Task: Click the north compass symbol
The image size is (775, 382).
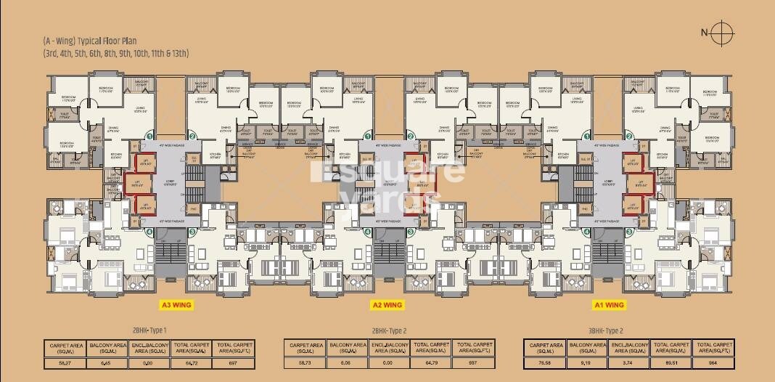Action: click(721, 32)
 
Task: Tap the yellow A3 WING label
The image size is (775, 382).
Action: click(176, 305)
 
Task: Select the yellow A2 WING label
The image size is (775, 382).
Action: click(387, 305)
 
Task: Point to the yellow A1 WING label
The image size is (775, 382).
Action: click(608, 305)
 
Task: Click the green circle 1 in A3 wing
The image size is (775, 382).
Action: click(149, 136)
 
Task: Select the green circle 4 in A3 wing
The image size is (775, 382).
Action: click(149, 232)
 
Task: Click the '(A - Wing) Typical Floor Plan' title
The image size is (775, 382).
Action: click(89, 41)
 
